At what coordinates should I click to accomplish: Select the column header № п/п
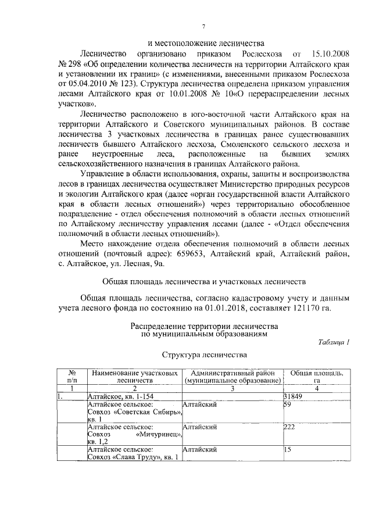tap(73, 376)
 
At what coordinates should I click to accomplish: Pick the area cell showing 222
tap(289, 427)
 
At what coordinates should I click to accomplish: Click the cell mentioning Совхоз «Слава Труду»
tap(131, 456)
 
